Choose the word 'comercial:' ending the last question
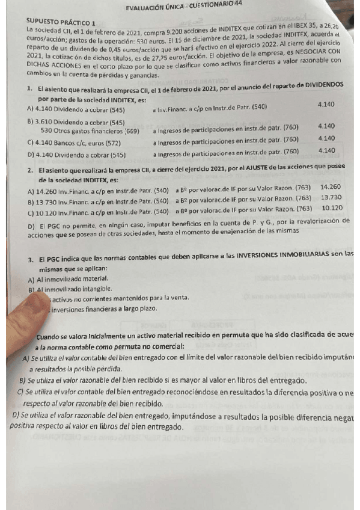(x=162, y=347)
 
